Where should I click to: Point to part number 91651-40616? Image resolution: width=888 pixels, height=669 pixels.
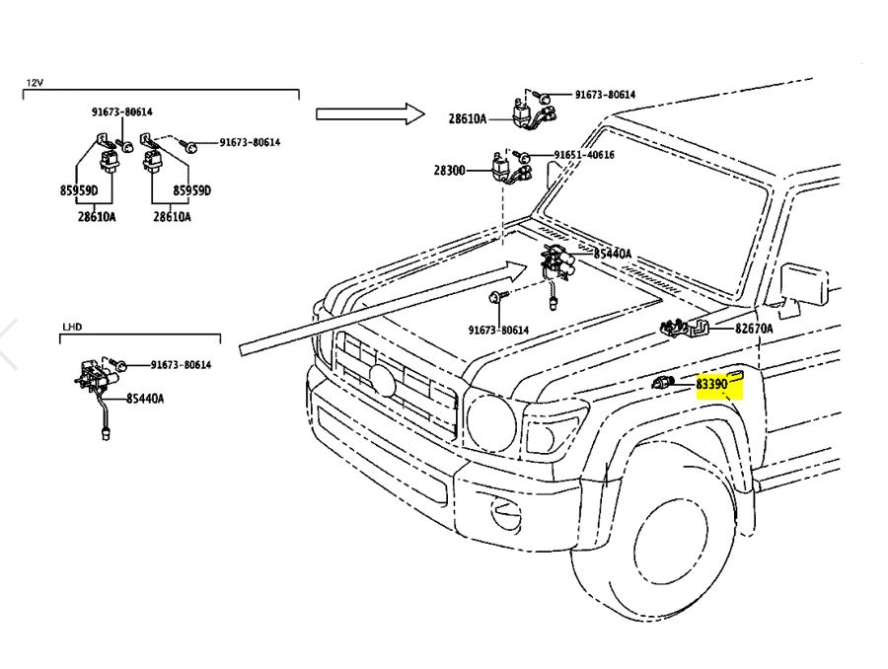(x=583, y=156)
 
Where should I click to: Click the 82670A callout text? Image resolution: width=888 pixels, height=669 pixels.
(x=754, y=329)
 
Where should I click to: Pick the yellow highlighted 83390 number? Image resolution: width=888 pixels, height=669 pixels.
(x=711, y=384)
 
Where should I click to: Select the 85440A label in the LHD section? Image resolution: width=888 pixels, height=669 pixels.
(x=144, y=399)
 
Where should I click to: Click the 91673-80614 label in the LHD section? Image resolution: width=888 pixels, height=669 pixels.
(x=181, y=365)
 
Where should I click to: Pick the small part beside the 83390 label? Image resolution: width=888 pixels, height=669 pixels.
(x=662, y=383)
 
